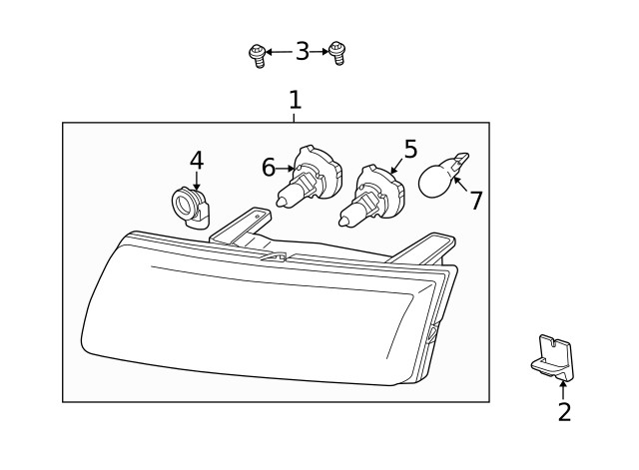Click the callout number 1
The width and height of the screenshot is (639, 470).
[296, 100]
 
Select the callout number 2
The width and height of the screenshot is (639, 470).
[564, 412]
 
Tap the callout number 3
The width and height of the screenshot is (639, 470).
[303, 51]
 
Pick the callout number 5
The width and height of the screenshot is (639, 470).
[410, 149]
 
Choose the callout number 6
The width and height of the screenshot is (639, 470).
[269, 168]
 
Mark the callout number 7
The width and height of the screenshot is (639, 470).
[476, 200]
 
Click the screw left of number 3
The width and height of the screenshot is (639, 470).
[258, 56]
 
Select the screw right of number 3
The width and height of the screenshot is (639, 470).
[337, 53]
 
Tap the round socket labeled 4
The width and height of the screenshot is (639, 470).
[190, 208]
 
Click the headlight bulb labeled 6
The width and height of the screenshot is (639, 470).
[309, 176]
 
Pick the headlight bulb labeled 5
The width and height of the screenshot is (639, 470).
[371, 196]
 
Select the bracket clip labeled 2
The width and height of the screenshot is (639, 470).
[552, 357]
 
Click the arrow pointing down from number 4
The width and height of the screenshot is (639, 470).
[197, 181]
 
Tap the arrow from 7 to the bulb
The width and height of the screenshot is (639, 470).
[460, 185]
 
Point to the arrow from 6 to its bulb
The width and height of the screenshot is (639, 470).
[286, 168]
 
